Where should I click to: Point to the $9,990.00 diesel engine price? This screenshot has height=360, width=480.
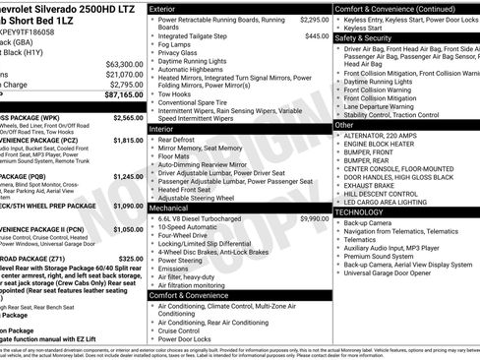pos(310,218)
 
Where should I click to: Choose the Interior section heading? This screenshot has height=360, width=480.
pos(162,129)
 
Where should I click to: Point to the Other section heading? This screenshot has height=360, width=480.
pos(344,125)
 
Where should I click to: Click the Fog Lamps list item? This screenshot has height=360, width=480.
pos(176,44)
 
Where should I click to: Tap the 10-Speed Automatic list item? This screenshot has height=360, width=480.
pos(190,226)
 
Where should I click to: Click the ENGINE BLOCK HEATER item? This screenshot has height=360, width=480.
pos(386,144)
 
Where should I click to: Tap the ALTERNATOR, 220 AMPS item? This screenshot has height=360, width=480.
pos(388,135)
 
